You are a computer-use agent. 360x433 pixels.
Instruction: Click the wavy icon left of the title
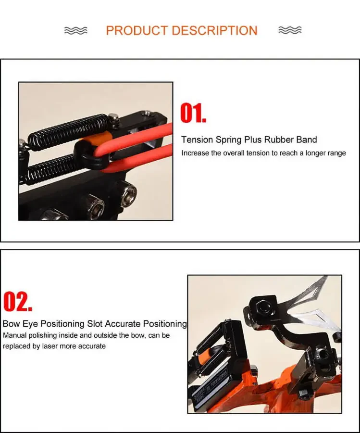76,30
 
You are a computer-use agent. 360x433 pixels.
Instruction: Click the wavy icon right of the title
290,30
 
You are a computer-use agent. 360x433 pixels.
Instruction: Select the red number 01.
193,113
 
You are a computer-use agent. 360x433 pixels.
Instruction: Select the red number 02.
18,302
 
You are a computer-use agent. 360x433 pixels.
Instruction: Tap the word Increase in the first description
195,153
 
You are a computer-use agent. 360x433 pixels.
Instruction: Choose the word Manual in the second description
15,335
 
